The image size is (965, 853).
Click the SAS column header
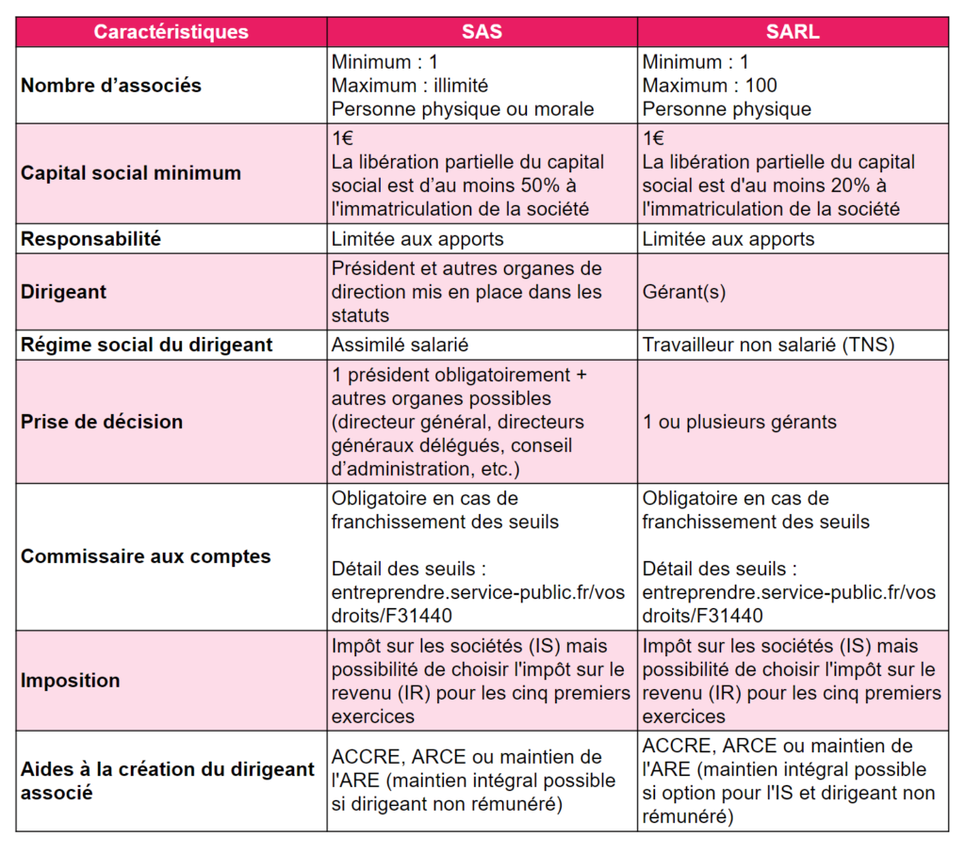[x=482, y=32]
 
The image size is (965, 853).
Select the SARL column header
[x=793, y=32]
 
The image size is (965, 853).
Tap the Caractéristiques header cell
[x=171, y=32]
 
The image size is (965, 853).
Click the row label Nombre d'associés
[x=111, y=86]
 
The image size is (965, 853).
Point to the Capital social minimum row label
[x=131, y=173]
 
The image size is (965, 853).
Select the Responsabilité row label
[x=91, y=239]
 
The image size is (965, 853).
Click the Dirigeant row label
[x=64, y=292]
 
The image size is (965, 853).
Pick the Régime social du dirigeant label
[x=147, y=345]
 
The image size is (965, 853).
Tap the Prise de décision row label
[x=102, y=421]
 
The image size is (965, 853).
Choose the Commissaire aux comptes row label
[x=146, y=556]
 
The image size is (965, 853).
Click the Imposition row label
[x=71, y=680]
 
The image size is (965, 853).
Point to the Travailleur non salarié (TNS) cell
[x=768, y=345]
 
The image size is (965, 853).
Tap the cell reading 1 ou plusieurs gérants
[x=740, y=421]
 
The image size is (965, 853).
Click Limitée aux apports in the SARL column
[x=728, y=239]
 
